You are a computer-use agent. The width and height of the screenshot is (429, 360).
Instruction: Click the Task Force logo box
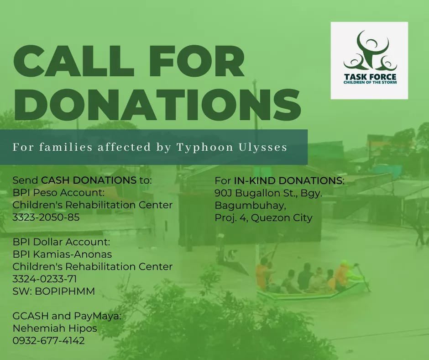(x=369, y=61)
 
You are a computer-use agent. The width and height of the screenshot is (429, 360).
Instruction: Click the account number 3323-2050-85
(x=46, y=217)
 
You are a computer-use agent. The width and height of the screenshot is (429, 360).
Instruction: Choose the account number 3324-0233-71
(x=45, y=279)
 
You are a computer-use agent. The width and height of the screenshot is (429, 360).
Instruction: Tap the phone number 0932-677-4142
(x=48, y=340)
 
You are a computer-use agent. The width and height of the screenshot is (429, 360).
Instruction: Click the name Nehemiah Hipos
(x=54, y=328)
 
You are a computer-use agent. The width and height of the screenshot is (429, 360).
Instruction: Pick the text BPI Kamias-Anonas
(x=62, y=254)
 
